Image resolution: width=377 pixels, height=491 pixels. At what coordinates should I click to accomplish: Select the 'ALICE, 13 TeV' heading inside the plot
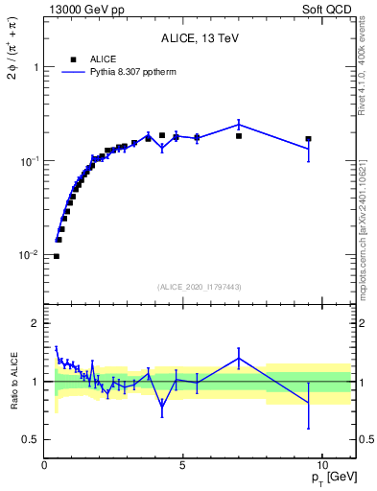point(200,38)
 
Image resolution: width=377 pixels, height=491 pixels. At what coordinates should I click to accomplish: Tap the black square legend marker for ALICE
point(73,59)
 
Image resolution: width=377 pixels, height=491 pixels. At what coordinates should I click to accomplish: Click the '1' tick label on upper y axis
point(36,68)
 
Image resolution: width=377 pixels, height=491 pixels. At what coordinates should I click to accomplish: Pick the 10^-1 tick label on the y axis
point(30,161)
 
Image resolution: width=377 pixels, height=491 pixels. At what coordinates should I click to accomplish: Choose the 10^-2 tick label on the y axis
point(30,255)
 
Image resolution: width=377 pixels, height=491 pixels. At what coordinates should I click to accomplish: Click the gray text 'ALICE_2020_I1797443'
point(200,287)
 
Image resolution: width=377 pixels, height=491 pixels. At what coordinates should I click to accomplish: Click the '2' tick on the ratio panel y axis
point(35,323)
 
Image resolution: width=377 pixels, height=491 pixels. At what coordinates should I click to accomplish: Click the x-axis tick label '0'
point(45,465)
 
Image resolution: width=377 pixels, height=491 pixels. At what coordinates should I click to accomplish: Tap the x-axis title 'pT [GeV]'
point(329,478)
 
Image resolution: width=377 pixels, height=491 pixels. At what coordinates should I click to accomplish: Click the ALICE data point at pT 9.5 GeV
point(308,139)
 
